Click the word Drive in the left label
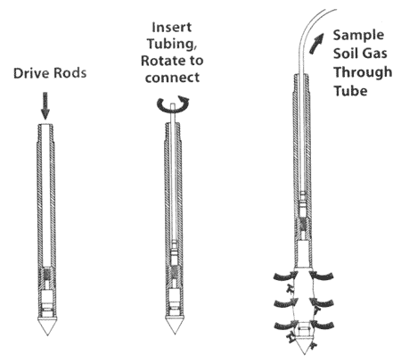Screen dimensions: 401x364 click(31, 73)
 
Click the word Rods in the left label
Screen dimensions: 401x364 click(70, 73)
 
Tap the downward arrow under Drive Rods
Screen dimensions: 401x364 click(45, 105)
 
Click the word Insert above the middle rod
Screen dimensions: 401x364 click(172, 28)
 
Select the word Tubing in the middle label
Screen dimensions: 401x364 click(172, 44)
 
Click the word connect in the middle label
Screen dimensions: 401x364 click(172, 78)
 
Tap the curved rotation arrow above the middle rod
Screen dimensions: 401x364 click(173, 104)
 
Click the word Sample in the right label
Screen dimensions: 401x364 click(358, 36)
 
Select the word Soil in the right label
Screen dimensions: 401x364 click(345, 54)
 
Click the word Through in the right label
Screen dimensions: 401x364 click(363, 73)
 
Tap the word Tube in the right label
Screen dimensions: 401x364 click(350, 90)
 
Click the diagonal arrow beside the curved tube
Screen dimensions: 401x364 click(316, 43)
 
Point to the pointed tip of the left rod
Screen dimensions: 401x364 click(47, 335)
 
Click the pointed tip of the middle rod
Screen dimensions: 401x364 click(175, 334)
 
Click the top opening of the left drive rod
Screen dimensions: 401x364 click(45, 125)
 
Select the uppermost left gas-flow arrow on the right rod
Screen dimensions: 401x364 click(284, 277)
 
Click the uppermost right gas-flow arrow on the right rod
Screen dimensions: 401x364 click(323, 277)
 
